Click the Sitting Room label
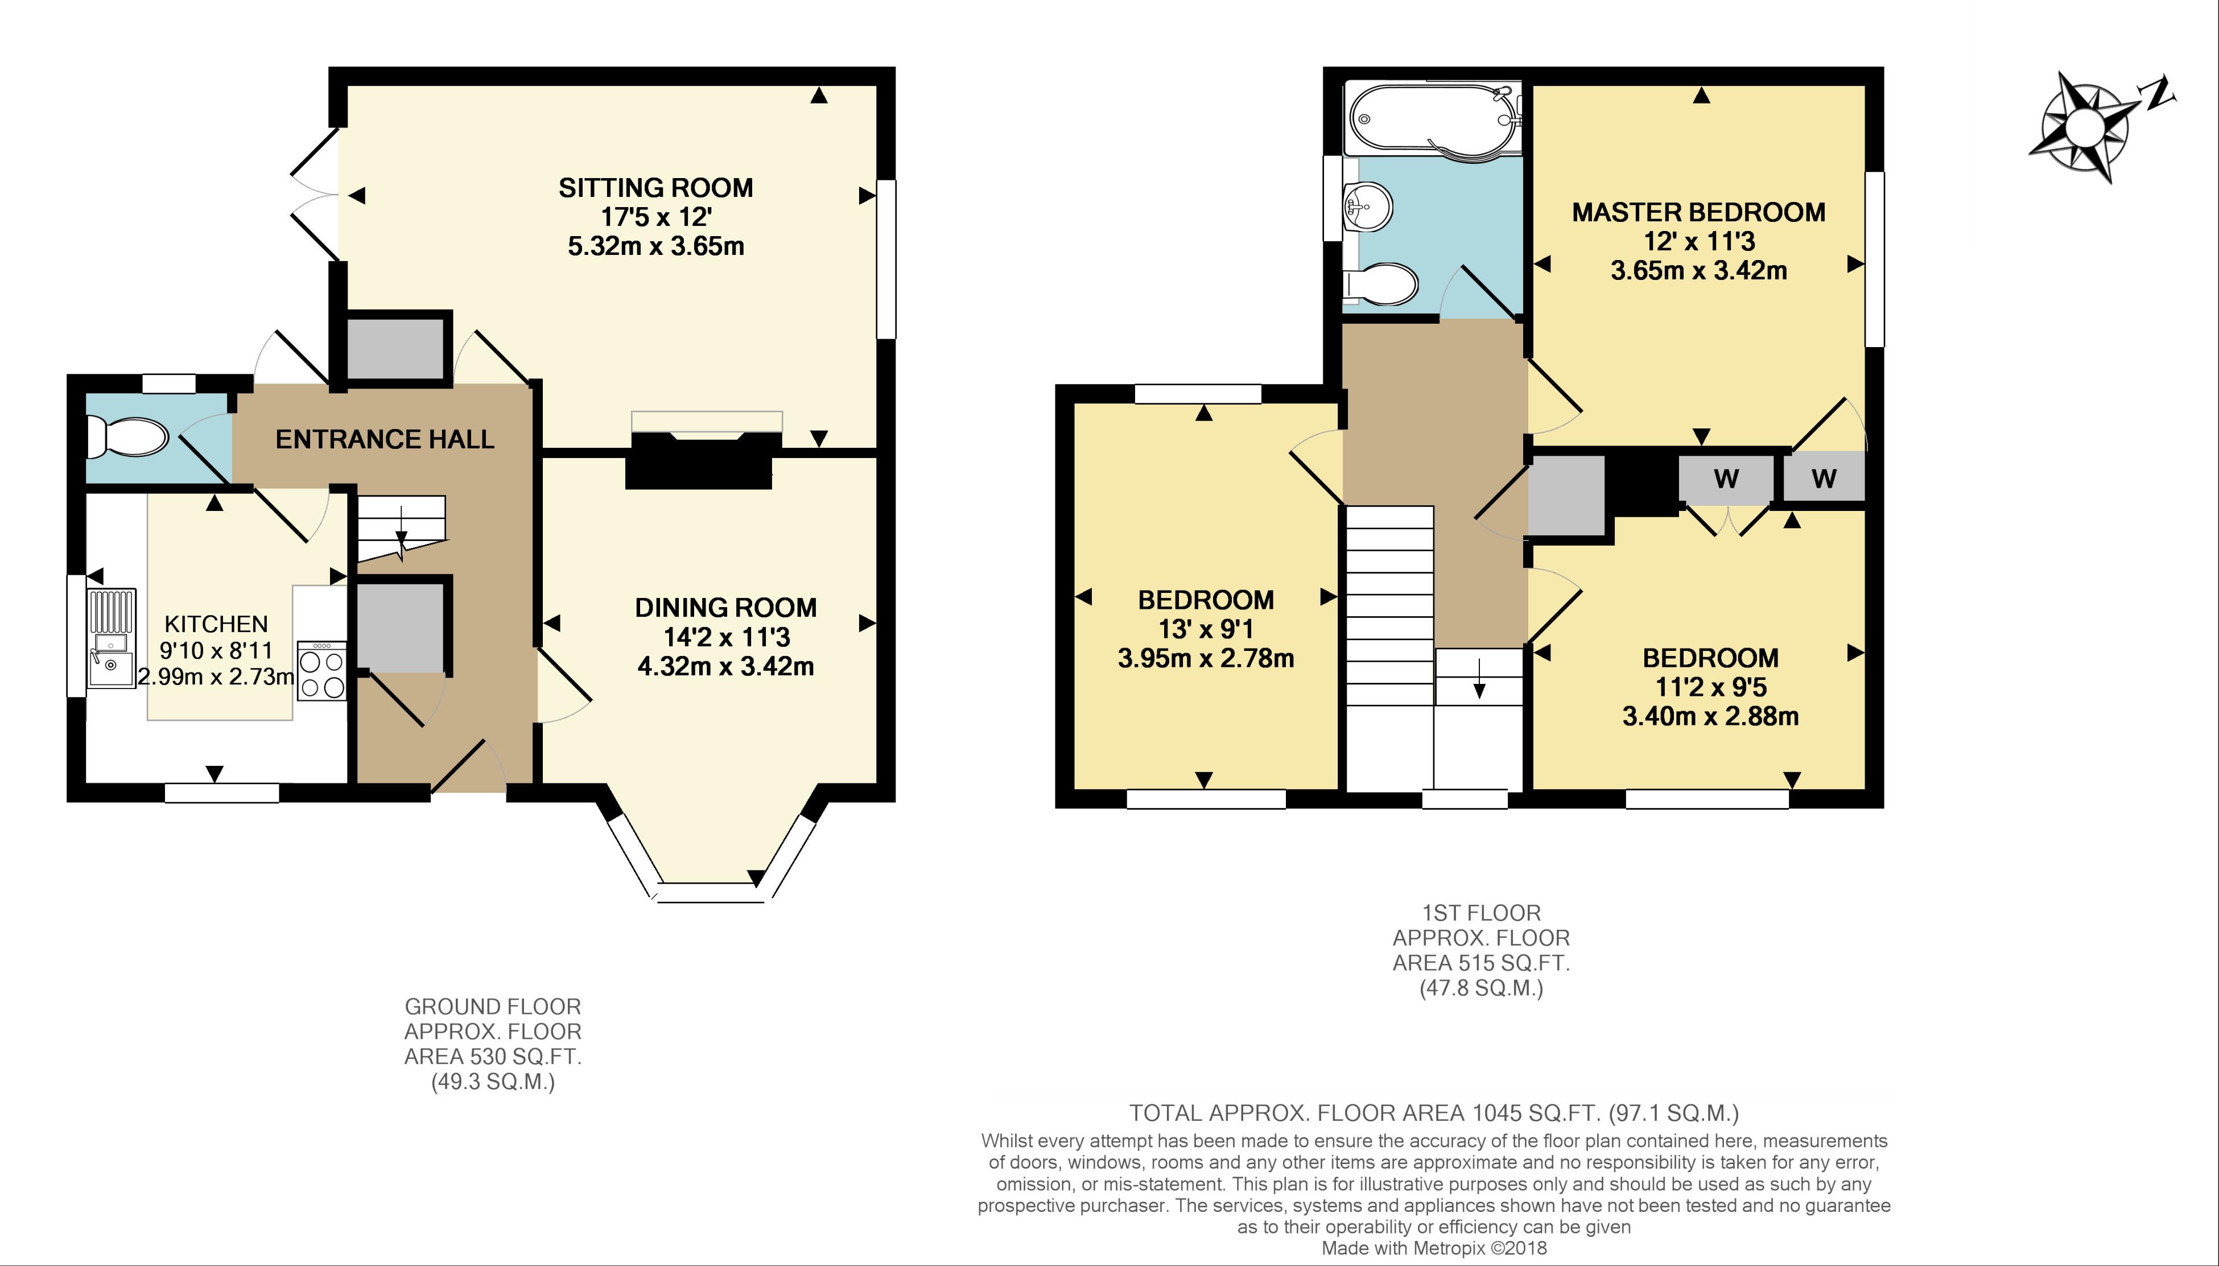coord(655,188)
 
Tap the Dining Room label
coord(726,608)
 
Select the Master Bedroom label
coord(1699,212)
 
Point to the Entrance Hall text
coord(385,439)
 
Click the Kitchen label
coord(217,624)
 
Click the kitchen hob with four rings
coord(321,670)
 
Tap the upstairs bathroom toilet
coord(1381,283)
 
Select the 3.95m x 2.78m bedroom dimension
coord(1206,658)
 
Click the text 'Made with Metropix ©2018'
coord(1435,1248)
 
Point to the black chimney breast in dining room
coord(700,461)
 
